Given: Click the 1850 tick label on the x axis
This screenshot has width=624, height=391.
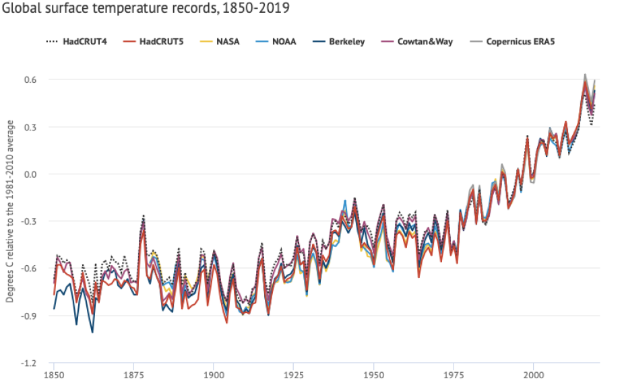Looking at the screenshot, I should [x=54, y=376].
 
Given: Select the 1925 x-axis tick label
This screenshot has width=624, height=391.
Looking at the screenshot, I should [x=293, y=376].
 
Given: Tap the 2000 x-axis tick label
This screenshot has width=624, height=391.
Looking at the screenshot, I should [x=533, y=376].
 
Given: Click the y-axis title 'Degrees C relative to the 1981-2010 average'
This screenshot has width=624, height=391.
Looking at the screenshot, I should [x=10, y=211].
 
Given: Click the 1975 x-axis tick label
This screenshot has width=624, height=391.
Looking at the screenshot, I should [x=453, y=376].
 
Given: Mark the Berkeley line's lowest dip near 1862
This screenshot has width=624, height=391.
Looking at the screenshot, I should [x=92, y=332].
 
